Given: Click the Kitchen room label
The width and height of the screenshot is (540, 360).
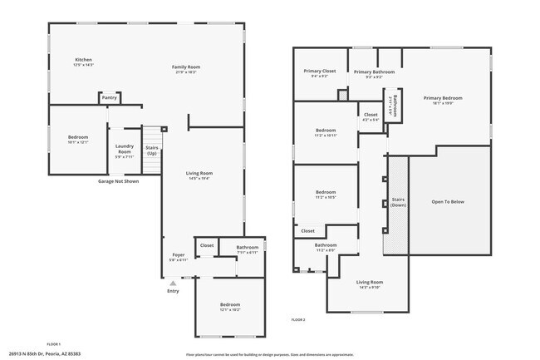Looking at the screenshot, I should tap(83, 60).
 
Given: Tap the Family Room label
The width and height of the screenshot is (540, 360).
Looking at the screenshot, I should tap(186, 67).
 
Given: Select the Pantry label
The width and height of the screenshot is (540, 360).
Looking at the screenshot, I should tap(109, 97).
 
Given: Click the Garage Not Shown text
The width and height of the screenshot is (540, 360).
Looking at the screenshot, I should tap(119, 180).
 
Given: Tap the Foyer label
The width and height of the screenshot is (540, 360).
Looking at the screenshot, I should tap(178, 255).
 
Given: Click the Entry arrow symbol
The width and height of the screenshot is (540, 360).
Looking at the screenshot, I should tap(173, 283).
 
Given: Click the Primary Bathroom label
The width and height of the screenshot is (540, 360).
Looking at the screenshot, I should tap(374, 72).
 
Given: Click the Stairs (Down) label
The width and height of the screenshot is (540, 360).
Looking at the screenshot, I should tap(398, 203).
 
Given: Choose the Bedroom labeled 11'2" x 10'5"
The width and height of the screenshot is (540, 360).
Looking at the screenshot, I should tap(326, 194).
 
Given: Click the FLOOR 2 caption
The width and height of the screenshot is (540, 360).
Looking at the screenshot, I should tap(298, 319).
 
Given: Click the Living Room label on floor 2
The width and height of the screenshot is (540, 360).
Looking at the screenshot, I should tap(369, 284).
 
